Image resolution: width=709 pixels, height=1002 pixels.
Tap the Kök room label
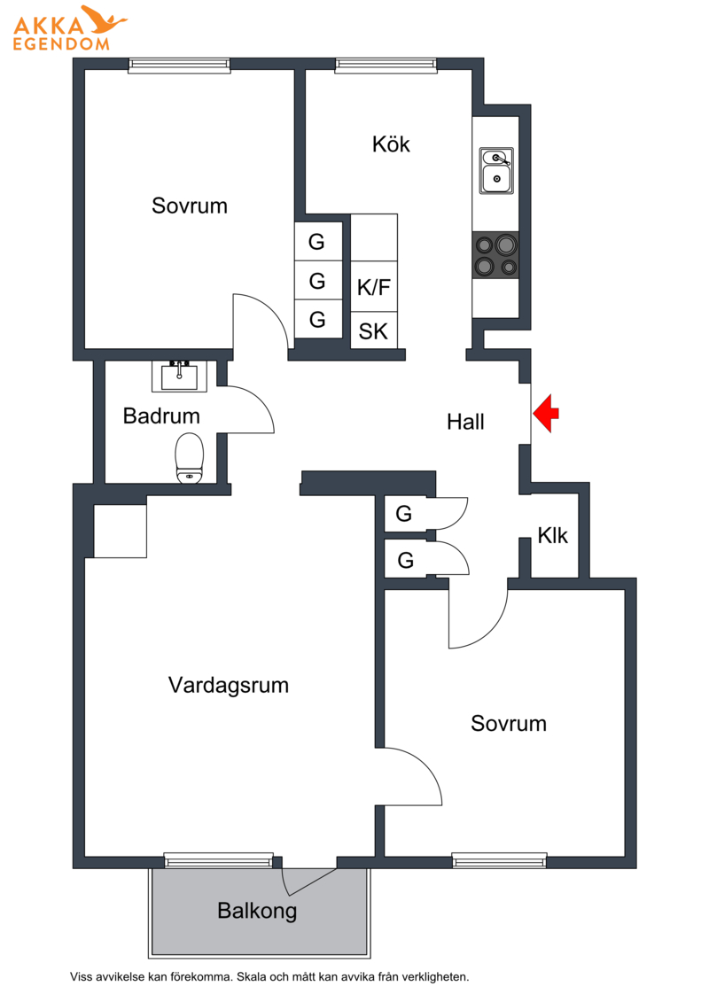(391, 144)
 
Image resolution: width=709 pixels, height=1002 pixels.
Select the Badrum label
(162, 416)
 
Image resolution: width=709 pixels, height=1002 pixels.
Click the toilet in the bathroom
(190, 457)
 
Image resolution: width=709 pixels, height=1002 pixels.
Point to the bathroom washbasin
(179, 376)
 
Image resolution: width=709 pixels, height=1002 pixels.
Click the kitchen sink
(496, 171)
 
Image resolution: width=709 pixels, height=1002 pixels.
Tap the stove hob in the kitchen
(495, 254)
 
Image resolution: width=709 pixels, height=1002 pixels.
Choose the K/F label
(374, 287)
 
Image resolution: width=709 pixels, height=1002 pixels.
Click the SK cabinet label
(373, 331)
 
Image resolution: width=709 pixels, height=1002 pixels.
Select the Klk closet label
(552, 535)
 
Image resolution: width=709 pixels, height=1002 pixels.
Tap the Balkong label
(257, 911)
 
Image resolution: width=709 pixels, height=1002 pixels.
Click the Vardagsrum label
(229, 686)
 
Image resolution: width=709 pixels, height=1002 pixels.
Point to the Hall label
(465, 422)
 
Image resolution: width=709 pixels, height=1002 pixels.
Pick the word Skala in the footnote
(251, 977)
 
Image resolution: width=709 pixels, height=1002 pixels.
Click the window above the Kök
(386, 63)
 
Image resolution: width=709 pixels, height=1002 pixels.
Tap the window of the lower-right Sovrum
(499, 860)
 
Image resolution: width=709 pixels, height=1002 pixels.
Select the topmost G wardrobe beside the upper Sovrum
(317, 241)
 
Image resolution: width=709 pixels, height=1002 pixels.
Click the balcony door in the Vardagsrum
(310, 882)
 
